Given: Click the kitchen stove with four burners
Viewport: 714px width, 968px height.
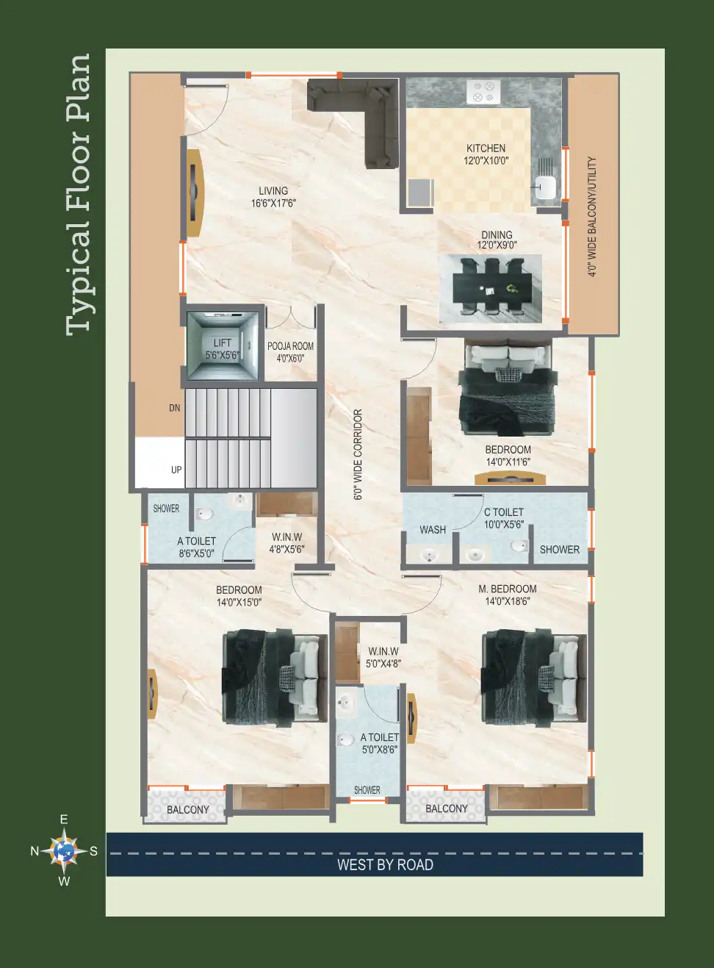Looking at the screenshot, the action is pyautogui.click(x=483, y=92).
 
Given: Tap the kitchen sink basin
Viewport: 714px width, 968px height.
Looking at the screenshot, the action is pyautogui.click(x=545, y=187).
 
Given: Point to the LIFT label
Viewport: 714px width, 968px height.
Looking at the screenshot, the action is pyautogui.click(x=223, y=343).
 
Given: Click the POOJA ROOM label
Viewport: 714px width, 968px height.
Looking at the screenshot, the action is pyautogui.click(x=290, y=346).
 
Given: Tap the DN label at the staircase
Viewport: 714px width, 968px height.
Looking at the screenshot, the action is pyautogui.click(x=175, y=408).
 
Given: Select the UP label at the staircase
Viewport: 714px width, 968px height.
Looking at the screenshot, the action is pyautogui.click(x=176, y=470).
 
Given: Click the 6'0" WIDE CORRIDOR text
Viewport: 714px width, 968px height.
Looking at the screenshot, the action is pyautogui.click(x=358, y=454).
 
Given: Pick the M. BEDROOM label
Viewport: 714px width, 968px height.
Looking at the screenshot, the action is pyautogui.click(x=508, y=589).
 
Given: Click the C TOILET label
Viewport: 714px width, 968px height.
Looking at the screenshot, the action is pyautogui.click(x=504, y=512).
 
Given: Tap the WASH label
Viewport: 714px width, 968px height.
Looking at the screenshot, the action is pyautogui.click(x=433, y=530).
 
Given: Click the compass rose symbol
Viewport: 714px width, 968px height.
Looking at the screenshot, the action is pyautogui.click(x=64, y=850).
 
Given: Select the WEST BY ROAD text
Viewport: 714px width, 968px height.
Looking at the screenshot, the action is pyautogui.click(x=385, y=864).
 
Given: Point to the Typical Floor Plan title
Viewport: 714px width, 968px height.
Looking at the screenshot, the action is pyautogui.click(x=79, y=195).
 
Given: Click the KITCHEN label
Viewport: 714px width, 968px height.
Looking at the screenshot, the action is pyautogui.click(x=486, y=148).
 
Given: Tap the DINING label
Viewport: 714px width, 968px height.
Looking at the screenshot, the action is pyautogui.click(x=497, y=234).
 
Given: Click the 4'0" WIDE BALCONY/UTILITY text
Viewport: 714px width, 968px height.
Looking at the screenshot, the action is pyautogui.click(x=592, y=217).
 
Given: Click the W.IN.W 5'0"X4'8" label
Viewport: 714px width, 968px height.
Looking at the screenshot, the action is pyautogui.click(x=383, y=657).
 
